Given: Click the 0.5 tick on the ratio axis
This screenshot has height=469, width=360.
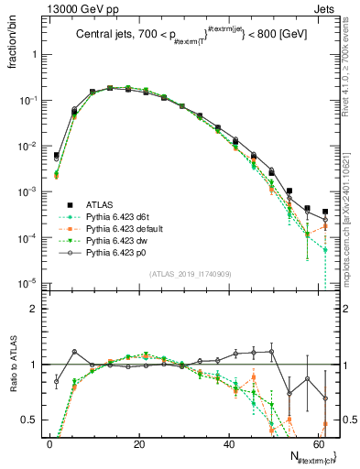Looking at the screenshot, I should point(28,420).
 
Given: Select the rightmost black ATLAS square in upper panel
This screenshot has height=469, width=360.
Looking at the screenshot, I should point(325,212).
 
